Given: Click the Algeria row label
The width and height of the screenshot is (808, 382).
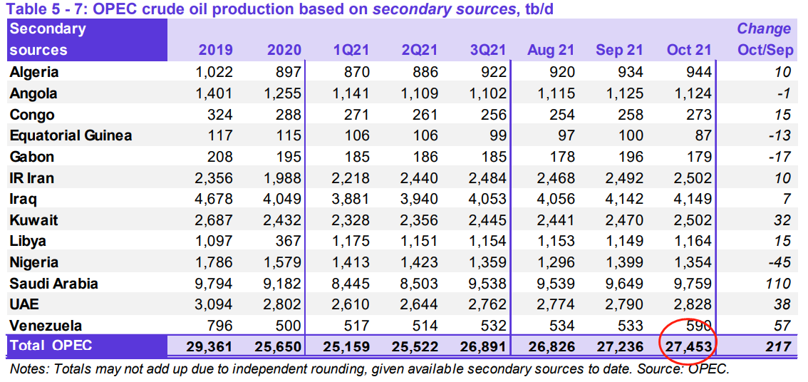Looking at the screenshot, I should (x=34, y=72).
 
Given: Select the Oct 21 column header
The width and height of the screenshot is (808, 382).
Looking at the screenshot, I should (x=688, y=50).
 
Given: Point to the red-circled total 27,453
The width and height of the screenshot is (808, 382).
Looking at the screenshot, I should (x=688, y=347).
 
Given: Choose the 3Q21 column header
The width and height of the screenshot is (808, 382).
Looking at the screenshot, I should (x=488, y=50).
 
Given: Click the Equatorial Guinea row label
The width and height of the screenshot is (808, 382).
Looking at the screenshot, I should (x=71, y=135).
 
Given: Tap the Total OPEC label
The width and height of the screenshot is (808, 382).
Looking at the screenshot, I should (x=51, y=346).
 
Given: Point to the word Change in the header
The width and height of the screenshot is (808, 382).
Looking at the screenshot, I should (x=764, y=29).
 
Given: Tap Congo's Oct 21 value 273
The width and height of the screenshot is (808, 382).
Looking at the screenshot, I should (x=696, y=115).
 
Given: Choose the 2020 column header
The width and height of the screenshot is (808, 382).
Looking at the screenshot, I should (x=284, y=50).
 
